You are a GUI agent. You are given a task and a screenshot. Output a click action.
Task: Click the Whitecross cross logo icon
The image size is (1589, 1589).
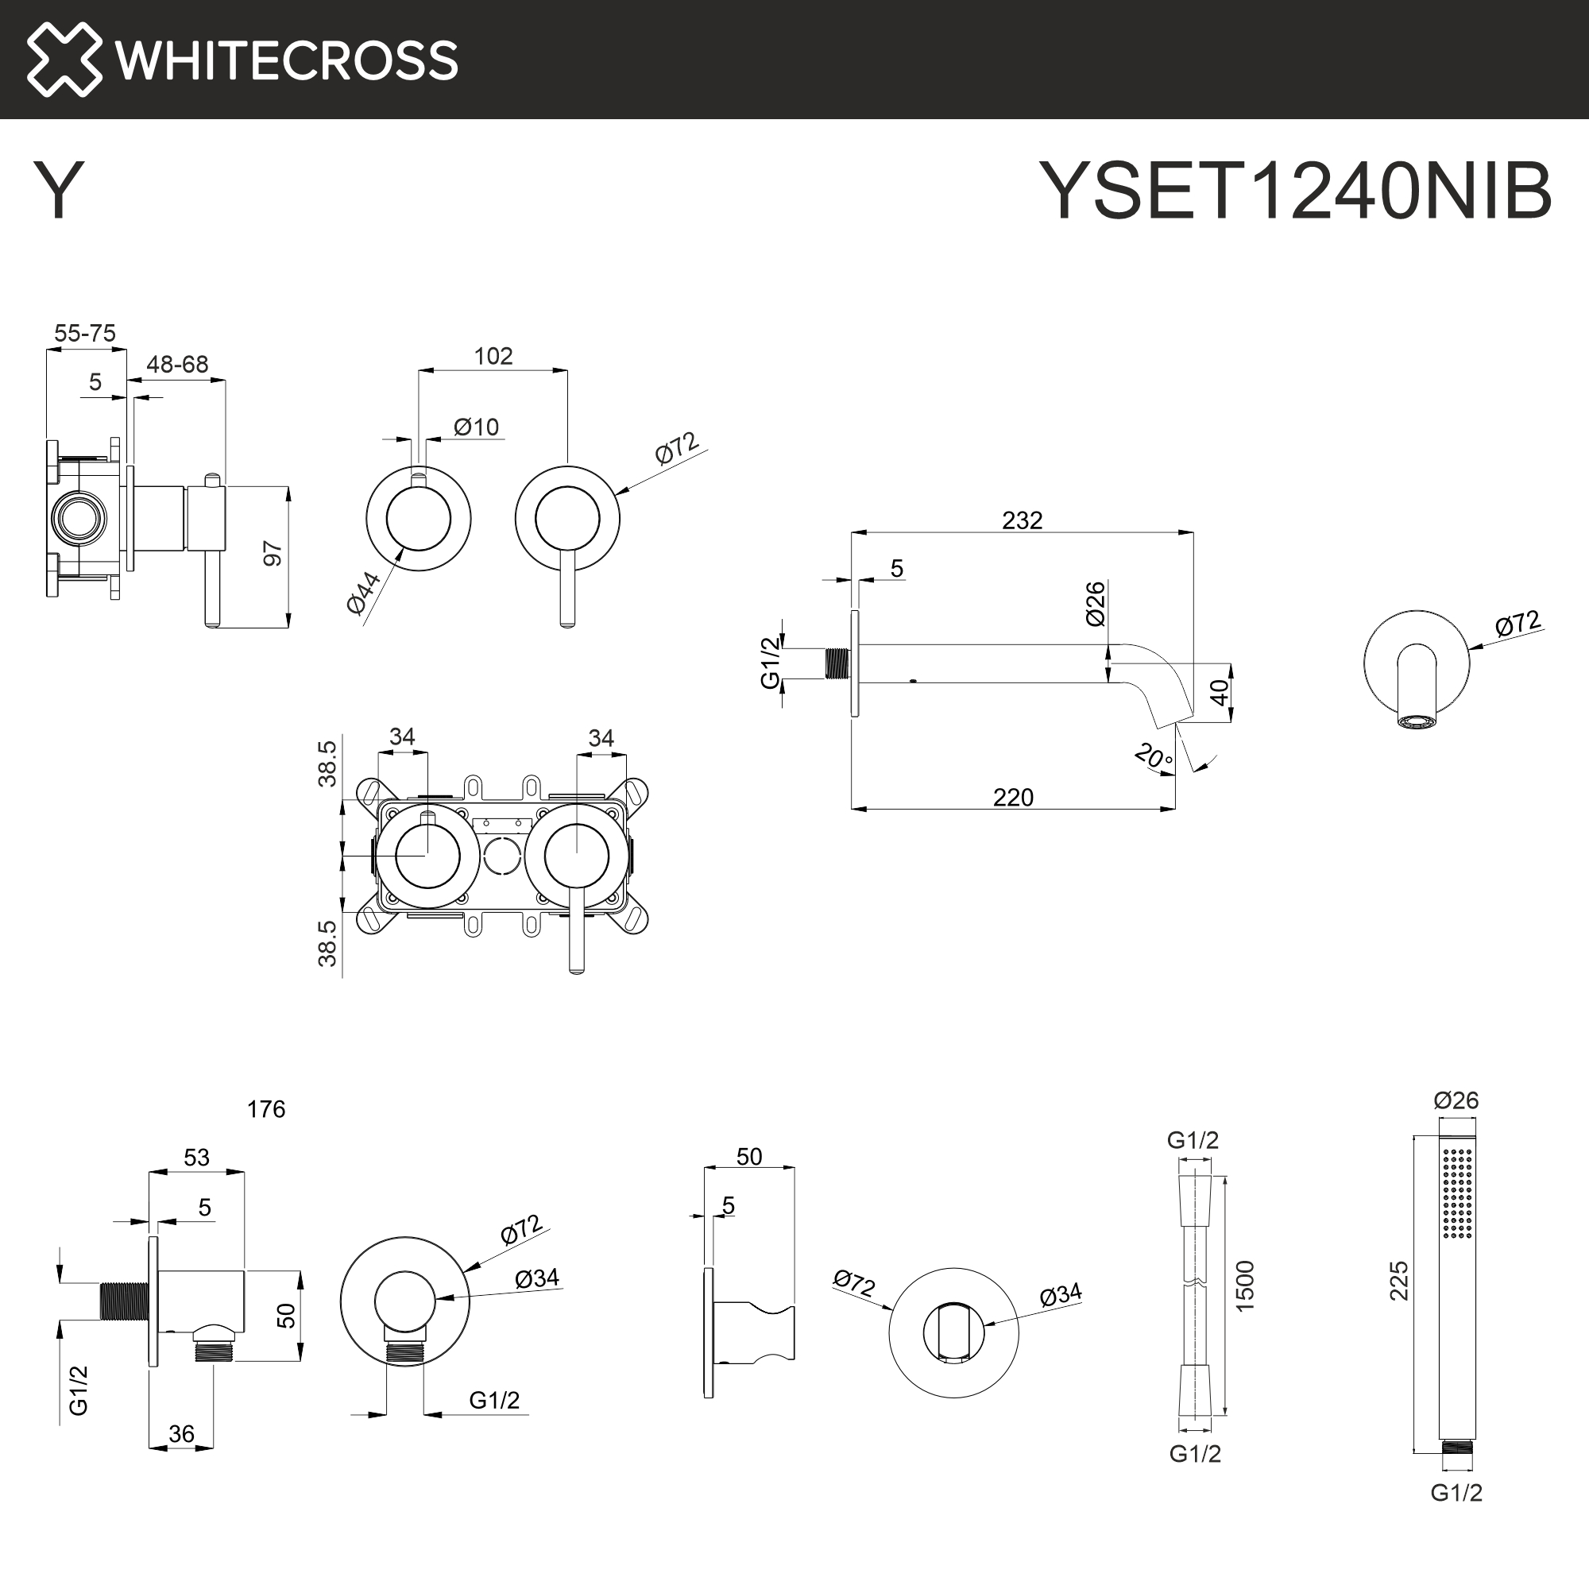pyautogui.click(x=64, y=60)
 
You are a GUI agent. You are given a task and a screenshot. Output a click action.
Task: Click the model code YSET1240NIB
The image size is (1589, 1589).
pyautogui.click(x=1294, y=191)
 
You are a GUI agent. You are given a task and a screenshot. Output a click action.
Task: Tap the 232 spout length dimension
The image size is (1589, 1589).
pyautogui.click(x=1022, y=520)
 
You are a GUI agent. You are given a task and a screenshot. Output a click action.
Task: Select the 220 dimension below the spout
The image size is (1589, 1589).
pyautogui.click(x=1012, y=798)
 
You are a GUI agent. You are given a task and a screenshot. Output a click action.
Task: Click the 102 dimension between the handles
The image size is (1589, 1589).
pyautogui.click(x=493, y=356)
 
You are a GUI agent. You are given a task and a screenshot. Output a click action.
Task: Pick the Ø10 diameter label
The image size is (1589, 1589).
pyautogui.click(x=476, y=427)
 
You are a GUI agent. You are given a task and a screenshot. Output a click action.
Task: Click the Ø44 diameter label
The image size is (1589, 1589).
pyautogui.click(x=364, y=592)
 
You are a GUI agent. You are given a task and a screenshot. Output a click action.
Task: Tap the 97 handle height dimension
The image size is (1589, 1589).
pyautogui.click(x=273, y=554)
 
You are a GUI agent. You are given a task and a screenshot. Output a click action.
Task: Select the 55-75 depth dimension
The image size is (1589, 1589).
pyautogui.click(x=85, y=333)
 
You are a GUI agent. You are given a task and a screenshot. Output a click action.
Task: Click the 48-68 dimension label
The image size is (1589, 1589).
pyautogui.click(x=177, y=365)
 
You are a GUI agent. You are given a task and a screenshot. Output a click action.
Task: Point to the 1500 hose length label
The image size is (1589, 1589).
pyautogui.click(x=1244, y=1286)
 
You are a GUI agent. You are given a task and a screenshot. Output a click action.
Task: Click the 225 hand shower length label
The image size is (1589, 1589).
pyautogui.click(x=1398, y=1282)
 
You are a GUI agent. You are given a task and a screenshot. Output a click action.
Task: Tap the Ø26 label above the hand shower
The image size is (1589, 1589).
pyautogui.click(x=1456, y=1100)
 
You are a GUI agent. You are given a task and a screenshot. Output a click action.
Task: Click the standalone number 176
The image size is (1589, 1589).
pyautogui.click(x=265, y=1109)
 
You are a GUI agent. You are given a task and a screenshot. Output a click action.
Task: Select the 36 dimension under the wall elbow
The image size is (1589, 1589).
pyautogui.click(x=181, y=1434)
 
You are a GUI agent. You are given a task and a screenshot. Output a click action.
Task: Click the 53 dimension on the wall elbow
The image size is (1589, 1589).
pyautogui.click(x=196, y=1158)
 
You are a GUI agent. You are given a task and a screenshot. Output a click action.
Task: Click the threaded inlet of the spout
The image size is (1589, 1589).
pyautogui.click(x=837, y=663)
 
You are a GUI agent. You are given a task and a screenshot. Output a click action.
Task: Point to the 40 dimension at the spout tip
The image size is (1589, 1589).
pyautogui.click(x=1220, y=692)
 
